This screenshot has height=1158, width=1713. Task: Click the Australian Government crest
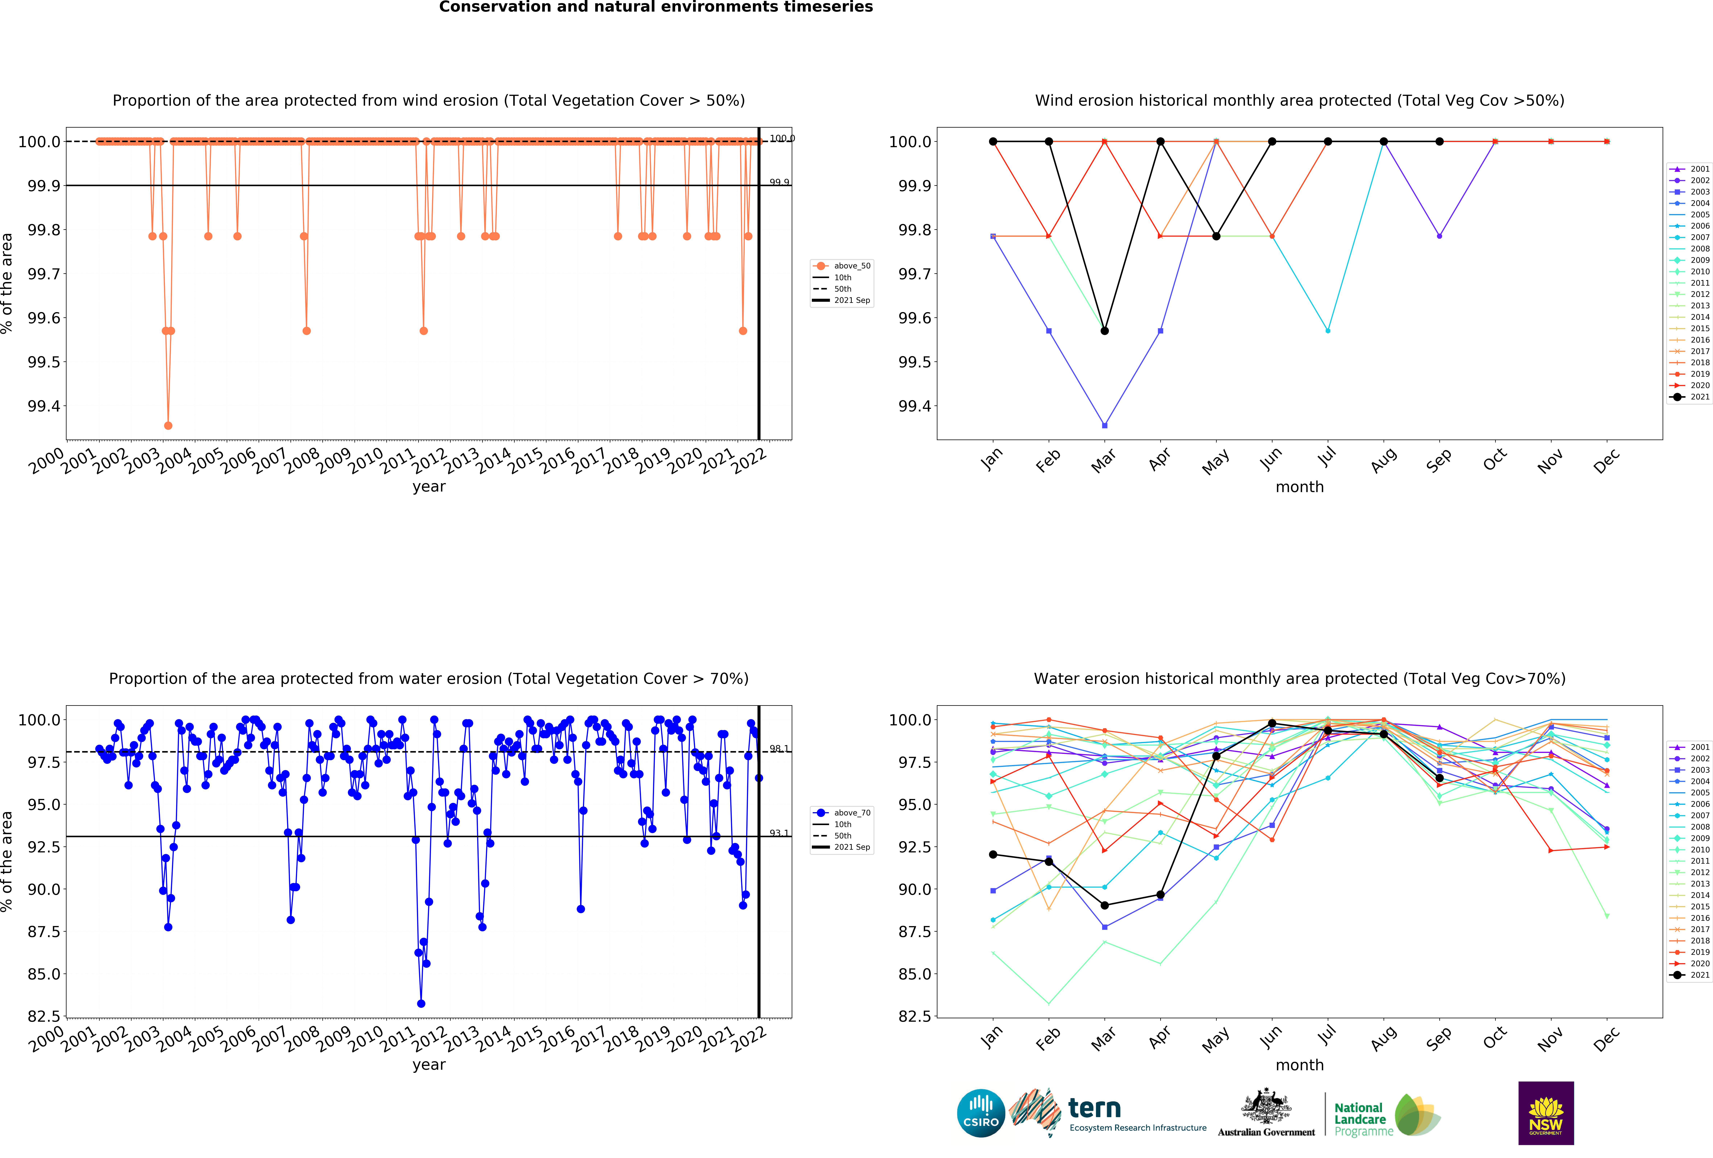1266,1106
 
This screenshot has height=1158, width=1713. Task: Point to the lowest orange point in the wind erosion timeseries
168,425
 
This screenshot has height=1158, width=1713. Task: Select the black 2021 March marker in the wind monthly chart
1104,331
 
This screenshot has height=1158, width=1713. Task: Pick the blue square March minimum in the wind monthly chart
1104,425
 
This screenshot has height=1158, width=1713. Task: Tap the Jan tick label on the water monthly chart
991,1036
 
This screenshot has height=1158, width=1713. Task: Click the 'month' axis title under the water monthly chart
1299,1065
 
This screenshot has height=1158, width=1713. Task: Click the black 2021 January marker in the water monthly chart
993,854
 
